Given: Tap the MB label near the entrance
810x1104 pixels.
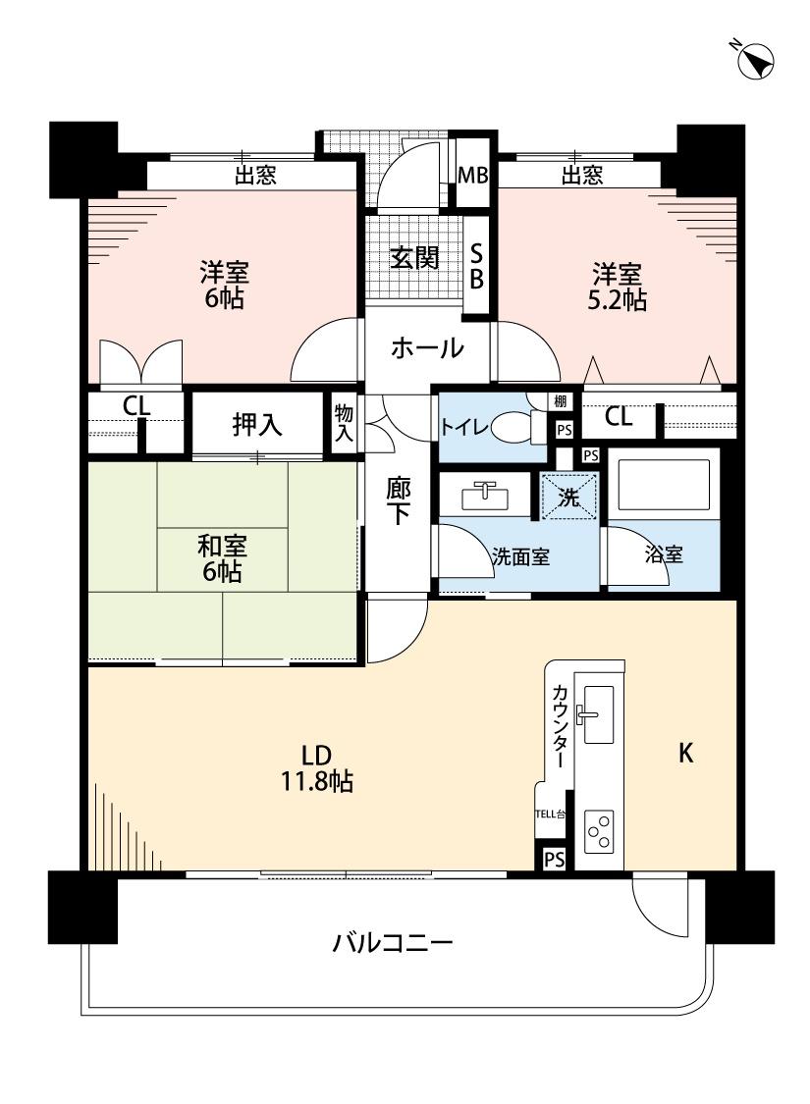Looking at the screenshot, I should point(475,177).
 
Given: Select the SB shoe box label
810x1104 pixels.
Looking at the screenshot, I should point(475,266).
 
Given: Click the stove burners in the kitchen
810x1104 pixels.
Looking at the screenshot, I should point(598,831).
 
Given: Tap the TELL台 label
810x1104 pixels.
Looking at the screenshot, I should point(550,814).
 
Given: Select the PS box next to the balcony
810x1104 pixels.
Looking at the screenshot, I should point(554,859).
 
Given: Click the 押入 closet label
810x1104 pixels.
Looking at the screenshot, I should point(257,424).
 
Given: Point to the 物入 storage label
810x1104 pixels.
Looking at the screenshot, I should point(343,422).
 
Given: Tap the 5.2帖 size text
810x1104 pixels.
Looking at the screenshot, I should point(618,300).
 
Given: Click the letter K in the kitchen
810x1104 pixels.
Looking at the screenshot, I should point(686,754).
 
